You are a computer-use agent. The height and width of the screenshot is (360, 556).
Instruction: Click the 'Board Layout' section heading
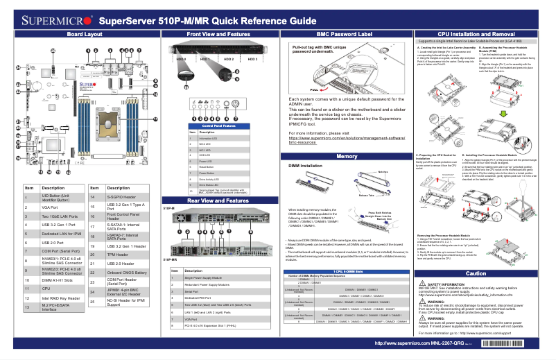pyautogui.click(x=85, y=34)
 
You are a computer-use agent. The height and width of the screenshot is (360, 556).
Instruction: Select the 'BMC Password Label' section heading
pyautogui.click(x=344, y=34)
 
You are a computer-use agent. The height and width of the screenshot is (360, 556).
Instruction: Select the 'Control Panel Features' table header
pyautogui.click(x=218, y=126)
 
